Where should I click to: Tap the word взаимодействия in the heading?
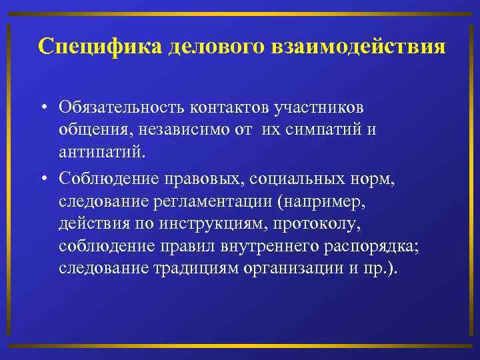pyautogui.click(x=359, y=47)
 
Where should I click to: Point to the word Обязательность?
pyautogui.click(x=121, y=107)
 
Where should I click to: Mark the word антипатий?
pyautogui.click(x=101, y=153)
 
